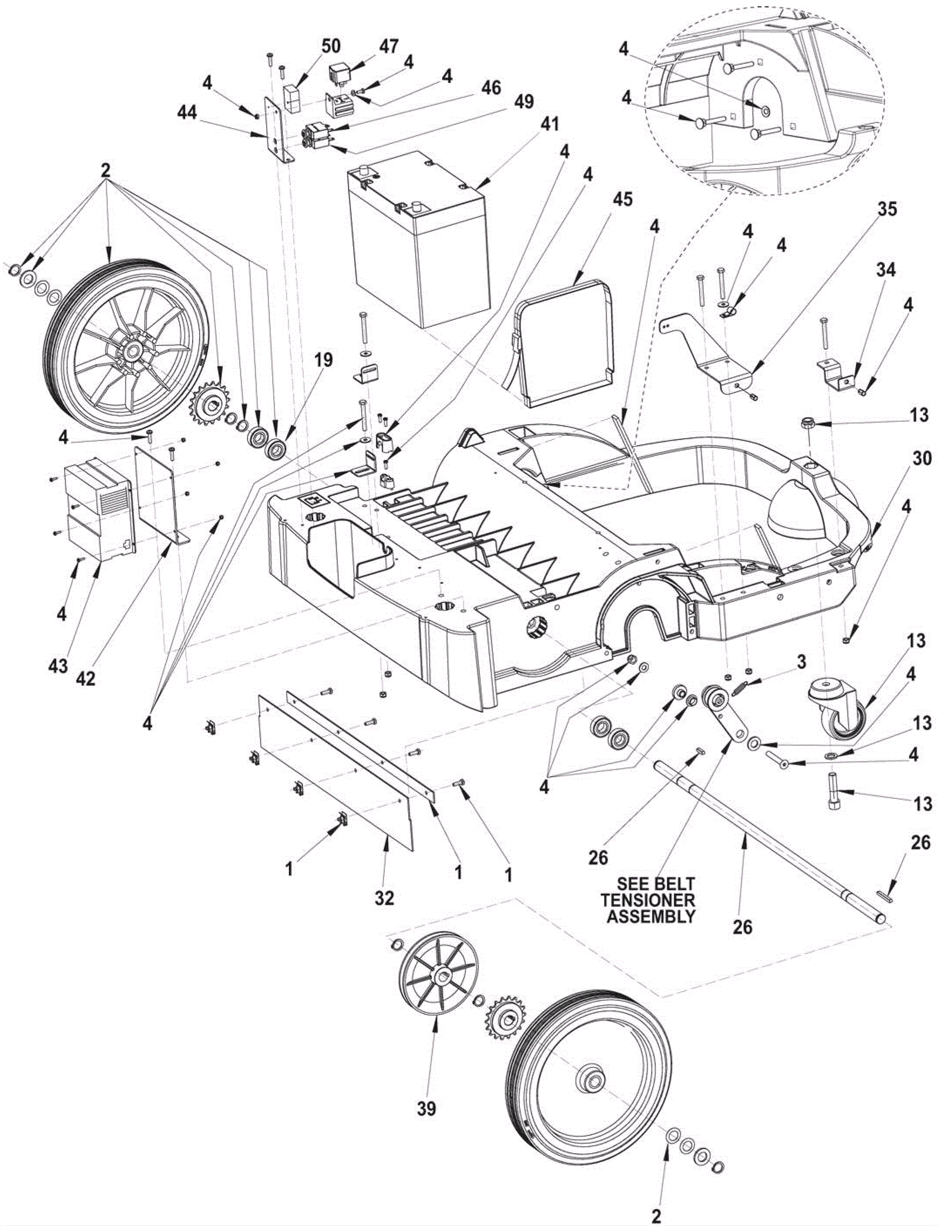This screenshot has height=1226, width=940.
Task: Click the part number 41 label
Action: [550, 125]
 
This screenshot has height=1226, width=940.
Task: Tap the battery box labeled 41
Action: [418, 247]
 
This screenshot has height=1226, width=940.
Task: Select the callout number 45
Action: [623, 200]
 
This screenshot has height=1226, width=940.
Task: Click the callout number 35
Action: [887, 209]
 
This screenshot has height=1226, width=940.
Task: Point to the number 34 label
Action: [886, 270]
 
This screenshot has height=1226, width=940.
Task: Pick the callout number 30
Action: [922, 458]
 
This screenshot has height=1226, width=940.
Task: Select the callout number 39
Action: [427, 1109]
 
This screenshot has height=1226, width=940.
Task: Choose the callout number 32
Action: [385, 898]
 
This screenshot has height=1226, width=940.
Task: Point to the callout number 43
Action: [58, 666]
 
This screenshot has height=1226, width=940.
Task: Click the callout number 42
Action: [86, 679]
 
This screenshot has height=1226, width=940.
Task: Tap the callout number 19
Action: [323, 360]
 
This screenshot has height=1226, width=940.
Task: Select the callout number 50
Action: [331, 46]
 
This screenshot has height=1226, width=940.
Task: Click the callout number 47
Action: [389, 46]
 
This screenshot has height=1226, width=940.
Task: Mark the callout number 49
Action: [525, 101]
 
